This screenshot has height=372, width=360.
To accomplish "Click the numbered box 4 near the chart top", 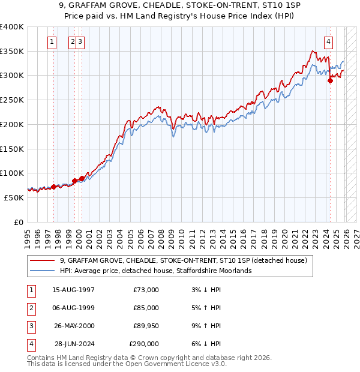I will click(x=329, y=42).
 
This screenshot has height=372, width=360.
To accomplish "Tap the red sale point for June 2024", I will click(x=330, y=81).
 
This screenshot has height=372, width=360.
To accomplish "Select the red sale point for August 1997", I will click(x=53, y=187).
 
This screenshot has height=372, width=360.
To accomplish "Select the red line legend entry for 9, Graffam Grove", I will click(x=184, y=260).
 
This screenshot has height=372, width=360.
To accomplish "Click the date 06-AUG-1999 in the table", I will click(x=73, y=308).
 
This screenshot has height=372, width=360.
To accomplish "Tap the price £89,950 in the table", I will click(x=143, y=326).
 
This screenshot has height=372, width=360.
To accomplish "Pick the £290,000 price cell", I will click(x=143, y=344).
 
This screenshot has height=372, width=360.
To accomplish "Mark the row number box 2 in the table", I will click(x=30, y=308).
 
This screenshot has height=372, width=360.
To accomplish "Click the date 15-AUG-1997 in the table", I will click(x=73, y=290).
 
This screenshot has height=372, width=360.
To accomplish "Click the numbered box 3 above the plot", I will click(x=80, y=42).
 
